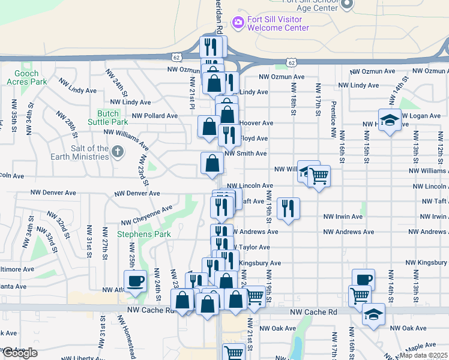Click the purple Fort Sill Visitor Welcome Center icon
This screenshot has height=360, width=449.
pos(238,22)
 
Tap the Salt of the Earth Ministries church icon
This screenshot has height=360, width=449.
pos(118,152)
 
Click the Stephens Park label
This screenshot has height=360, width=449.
pos(136,234)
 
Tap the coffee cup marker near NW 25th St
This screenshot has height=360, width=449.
pos(135,280)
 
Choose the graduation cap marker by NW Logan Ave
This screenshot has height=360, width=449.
pos(389,119)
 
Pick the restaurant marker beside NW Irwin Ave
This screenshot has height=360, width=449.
pos(288,208)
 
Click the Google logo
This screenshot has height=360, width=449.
pos(19,353)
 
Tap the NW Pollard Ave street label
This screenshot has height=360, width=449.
pos(155,116)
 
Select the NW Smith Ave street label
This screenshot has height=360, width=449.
pos(246,154)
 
